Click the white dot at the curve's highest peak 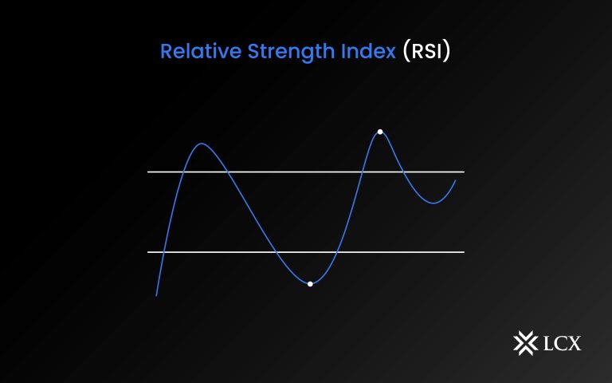click(380, 132)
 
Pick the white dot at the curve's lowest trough click(310, 284)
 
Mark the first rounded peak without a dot click(202, 144)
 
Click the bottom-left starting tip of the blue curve click(156, 296)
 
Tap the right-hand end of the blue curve click(456, 180)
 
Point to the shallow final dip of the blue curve click(433, 203)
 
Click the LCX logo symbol click(524, 343)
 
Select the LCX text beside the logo click(563, 344)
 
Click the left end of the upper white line click(148, 172)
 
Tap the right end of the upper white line click(463, 172)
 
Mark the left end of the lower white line click(148, 252)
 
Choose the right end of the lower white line click(463, 252)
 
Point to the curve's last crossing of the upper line click(402, 172)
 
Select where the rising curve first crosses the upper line click(182, 172)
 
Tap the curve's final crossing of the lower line click(337, 252)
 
